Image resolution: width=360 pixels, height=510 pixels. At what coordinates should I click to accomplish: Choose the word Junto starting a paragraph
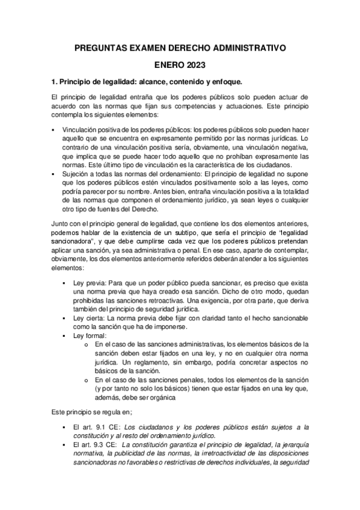click(61, 223)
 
